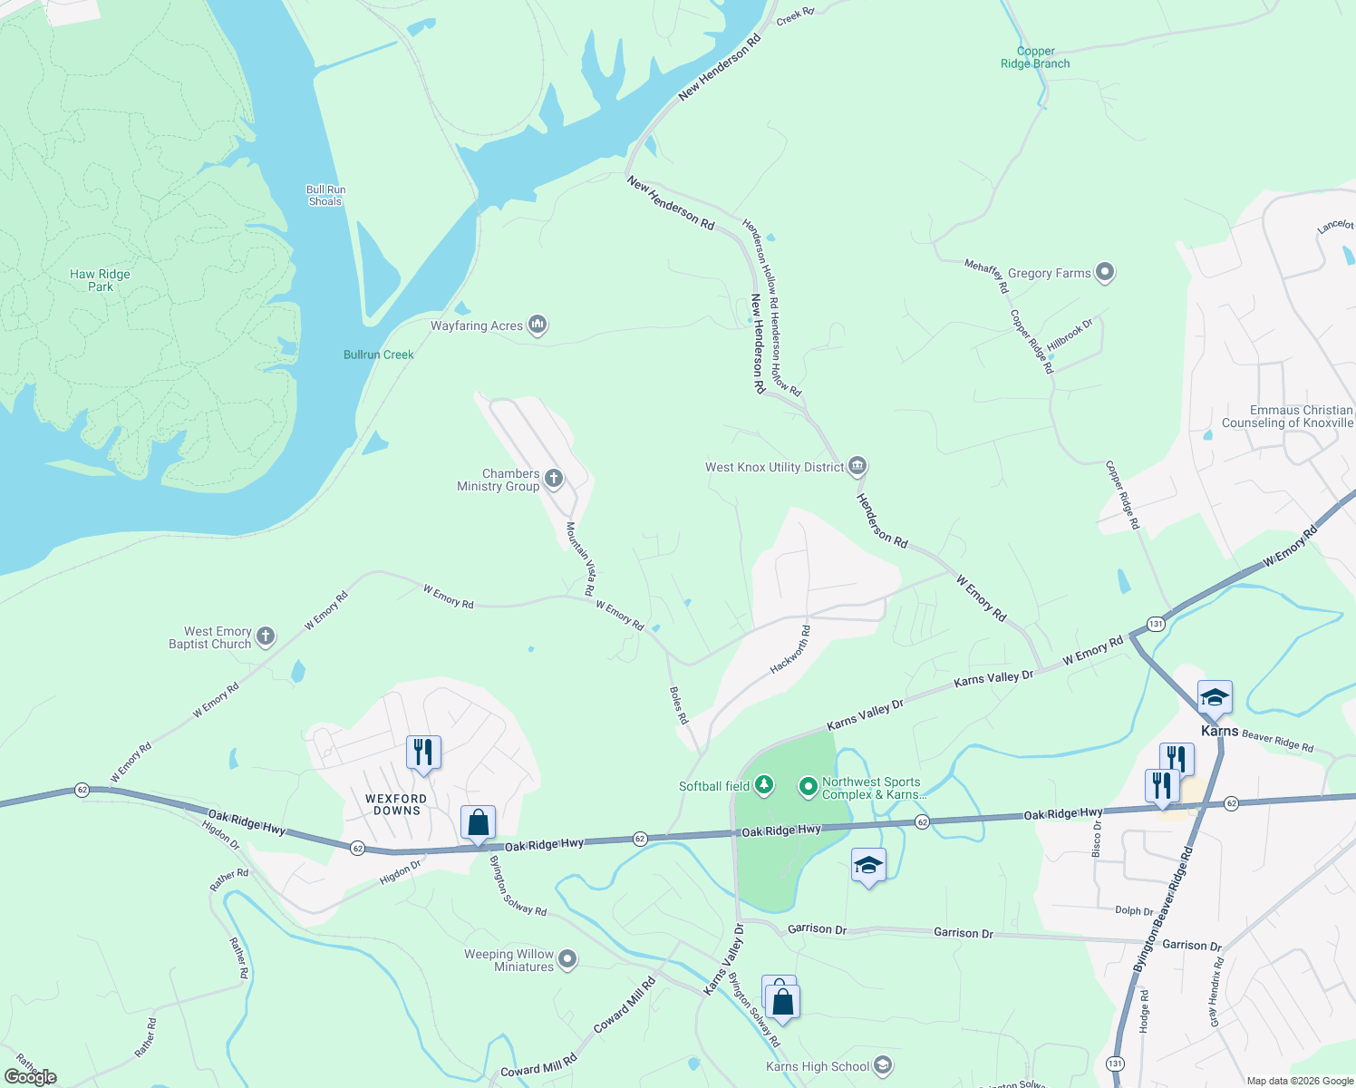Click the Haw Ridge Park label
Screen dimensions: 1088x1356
click(100, 280)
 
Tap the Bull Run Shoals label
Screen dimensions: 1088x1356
click(325, 196)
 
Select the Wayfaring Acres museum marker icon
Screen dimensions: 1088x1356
click(538, 325)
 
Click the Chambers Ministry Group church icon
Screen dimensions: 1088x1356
click(553, 478)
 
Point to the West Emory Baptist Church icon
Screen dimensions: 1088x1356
click(266, 636)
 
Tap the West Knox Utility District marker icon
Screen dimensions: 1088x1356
click(857, 466)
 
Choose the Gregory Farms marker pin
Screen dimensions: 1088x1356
click(1104, 272)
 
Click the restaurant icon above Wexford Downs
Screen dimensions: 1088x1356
click(423, 753)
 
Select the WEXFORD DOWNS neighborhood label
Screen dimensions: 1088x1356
click(396, 805)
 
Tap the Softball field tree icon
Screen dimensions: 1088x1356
click(764, 785)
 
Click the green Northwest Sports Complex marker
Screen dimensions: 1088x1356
click(808, 786)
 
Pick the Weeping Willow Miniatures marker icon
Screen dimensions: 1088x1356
click(567, 958)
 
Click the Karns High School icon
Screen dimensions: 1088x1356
click(883, 1065)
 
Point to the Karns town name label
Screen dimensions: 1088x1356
click(1219, 731)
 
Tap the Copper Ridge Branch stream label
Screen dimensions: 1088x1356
click(1035, 58)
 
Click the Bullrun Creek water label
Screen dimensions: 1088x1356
click(378, 355)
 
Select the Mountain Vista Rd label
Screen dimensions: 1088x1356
click(581, 559)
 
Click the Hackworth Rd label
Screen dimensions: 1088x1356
click(789, 650)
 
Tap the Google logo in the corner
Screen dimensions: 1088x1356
click(30, 1077)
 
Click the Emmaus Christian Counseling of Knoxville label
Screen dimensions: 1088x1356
click(1287, 416)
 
